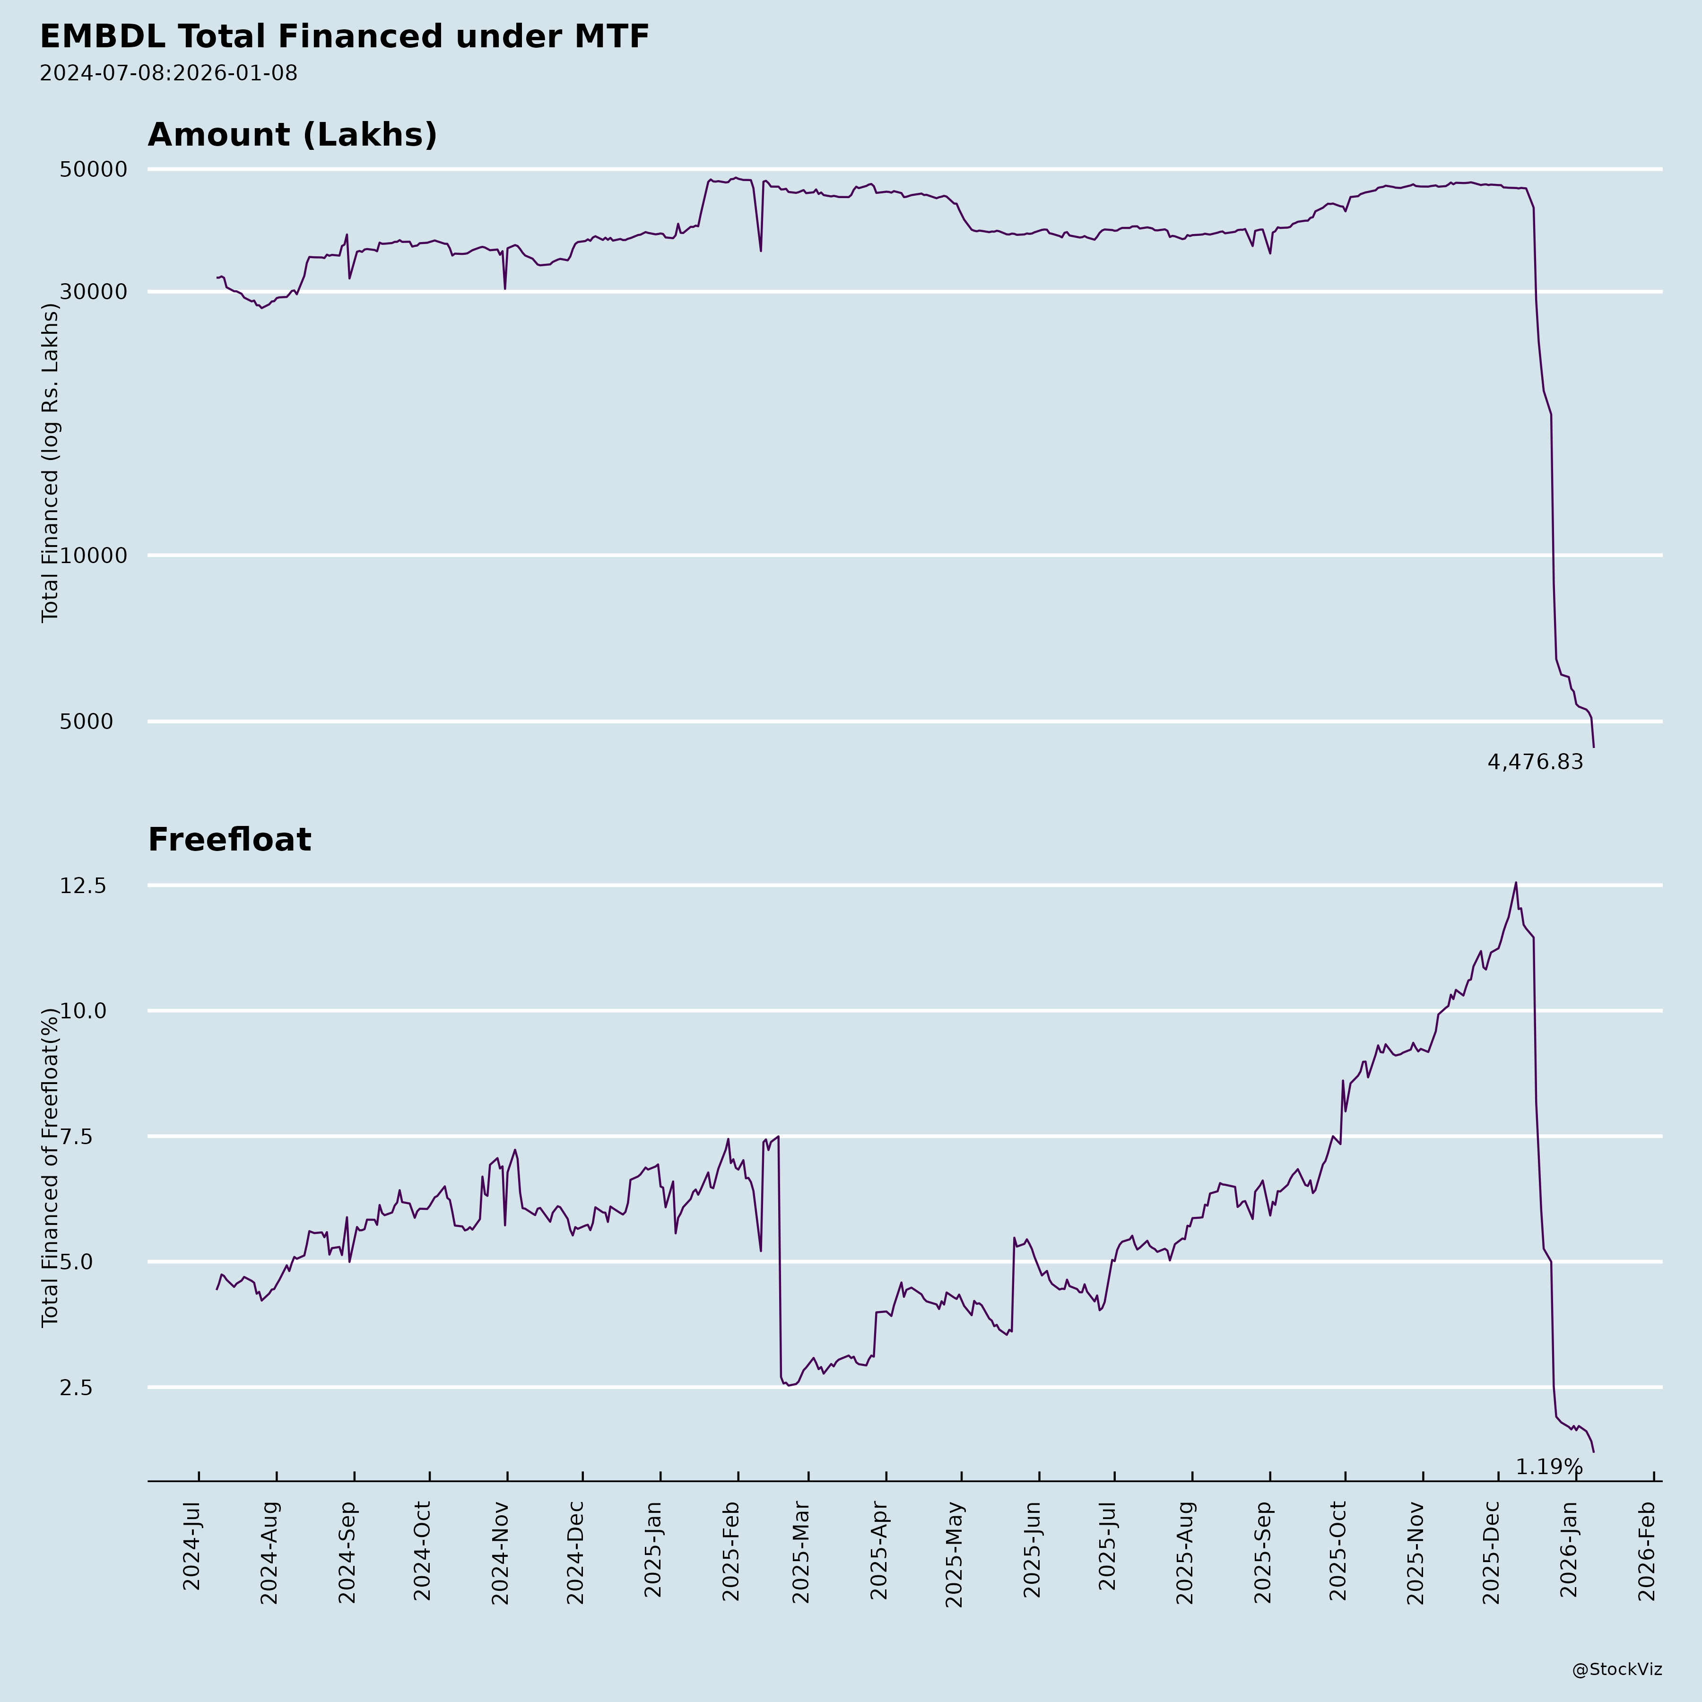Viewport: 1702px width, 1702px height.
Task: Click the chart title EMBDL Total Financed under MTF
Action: coord(345,37)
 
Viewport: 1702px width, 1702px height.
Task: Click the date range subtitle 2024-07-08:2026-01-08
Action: coord(168,73)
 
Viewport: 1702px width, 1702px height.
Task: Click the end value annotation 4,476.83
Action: coord(1535,762)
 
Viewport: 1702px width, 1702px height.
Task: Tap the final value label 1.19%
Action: coord(1549,1467)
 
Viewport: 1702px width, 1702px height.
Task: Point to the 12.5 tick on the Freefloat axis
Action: coord(83,886)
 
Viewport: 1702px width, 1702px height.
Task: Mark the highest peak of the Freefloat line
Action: coord(1515,883)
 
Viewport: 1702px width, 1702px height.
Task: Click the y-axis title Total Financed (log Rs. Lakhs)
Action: coord(50,462)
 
